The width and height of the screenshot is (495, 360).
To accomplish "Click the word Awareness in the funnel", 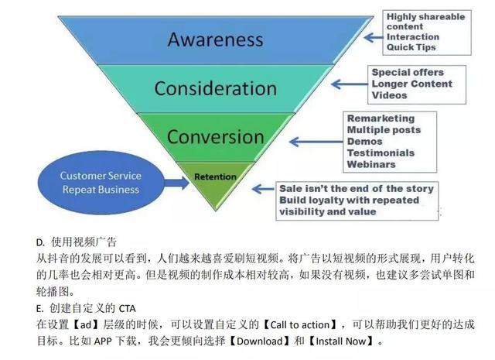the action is tap(215, 39).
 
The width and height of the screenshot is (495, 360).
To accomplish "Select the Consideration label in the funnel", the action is tap(215, 88).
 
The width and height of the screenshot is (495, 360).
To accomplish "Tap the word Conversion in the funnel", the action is tap(215, 137).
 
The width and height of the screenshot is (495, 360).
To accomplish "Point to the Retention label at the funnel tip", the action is tap(215, 177).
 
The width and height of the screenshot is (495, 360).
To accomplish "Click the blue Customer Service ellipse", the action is tap(101, 183).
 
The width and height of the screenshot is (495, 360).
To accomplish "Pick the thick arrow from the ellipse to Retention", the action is tap(176, 183).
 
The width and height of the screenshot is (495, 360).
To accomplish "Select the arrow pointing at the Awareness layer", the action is tap(373, 38).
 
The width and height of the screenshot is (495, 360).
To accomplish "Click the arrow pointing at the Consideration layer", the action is tap(350, 84).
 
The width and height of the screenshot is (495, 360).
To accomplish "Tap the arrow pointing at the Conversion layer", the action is tap(316, 142).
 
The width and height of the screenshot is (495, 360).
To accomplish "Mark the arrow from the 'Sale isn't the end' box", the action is tap(264, 189).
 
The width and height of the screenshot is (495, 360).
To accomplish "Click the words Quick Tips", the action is tap(411, 47).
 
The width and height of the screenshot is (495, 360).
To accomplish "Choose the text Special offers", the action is tap(408, 72).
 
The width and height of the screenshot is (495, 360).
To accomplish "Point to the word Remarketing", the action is tap(381, 118).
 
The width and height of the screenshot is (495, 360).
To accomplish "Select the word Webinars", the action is tap(371, 164).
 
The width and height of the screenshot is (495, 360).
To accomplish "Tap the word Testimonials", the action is tap(381, 153).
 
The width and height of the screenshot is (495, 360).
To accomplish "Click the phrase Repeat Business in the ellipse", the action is tap(101, 190).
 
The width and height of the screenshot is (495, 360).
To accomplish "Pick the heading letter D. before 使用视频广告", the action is tap(40, 242).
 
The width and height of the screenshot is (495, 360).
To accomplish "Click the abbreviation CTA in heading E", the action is tap(127, 308).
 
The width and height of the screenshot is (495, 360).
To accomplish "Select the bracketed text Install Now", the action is tap(340, 341).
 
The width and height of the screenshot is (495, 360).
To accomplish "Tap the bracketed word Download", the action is tap(260, 341).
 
